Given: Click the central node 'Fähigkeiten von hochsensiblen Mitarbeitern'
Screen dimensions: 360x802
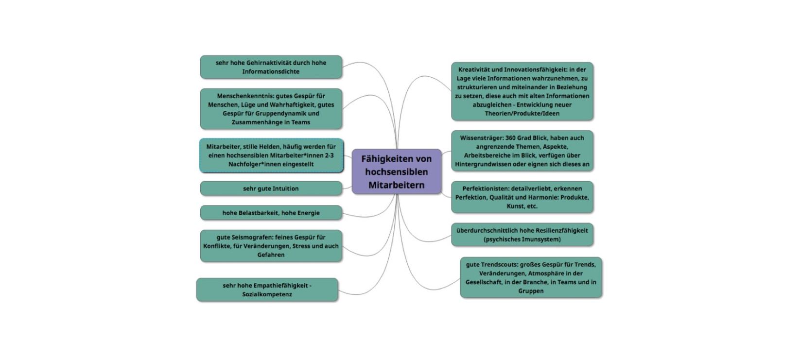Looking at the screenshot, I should click(396, 171).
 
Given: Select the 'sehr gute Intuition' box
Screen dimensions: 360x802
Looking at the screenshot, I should click(271, 189).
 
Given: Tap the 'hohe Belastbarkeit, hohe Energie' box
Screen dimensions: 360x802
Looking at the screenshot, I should click(271, 213).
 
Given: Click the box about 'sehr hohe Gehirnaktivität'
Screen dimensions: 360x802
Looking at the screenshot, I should click(271, 67).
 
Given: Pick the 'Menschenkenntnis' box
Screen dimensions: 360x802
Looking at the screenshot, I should click(271, 109).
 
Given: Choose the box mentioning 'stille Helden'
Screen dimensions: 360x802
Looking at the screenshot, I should click(271, 155).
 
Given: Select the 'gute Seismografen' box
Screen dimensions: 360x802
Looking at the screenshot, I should click(271, 246).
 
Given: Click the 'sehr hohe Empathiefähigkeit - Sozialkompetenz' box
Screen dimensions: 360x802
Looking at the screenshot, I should click(267, 290).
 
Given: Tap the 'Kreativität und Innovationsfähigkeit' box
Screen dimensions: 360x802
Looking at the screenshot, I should click(522, 91).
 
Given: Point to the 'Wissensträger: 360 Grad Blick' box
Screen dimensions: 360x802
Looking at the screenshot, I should click(522, 151).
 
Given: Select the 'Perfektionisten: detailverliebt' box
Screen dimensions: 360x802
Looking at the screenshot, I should click(522, 197).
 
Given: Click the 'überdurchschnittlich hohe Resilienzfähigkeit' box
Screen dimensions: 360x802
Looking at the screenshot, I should click(522, 235).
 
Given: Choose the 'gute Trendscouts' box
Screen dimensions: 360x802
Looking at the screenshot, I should click(531, 277).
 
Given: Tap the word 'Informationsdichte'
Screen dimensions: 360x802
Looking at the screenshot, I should click(271, 72).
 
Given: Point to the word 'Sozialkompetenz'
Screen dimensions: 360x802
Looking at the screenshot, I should click(267, 294).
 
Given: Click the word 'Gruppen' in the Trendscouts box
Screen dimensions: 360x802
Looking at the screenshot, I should click(531, 291).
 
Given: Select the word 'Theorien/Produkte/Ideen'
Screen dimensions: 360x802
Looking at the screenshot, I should click(522, 114).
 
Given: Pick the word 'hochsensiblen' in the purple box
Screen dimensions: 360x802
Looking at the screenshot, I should click(397, 172).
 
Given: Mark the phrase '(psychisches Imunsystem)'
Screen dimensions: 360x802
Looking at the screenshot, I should click(522, 240).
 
